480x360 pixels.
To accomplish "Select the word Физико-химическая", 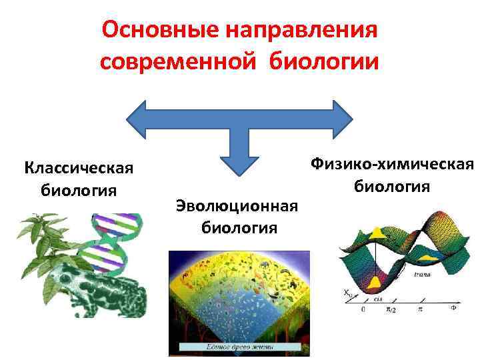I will [391, 163].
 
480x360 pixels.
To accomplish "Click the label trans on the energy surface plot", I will [422, 273].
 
